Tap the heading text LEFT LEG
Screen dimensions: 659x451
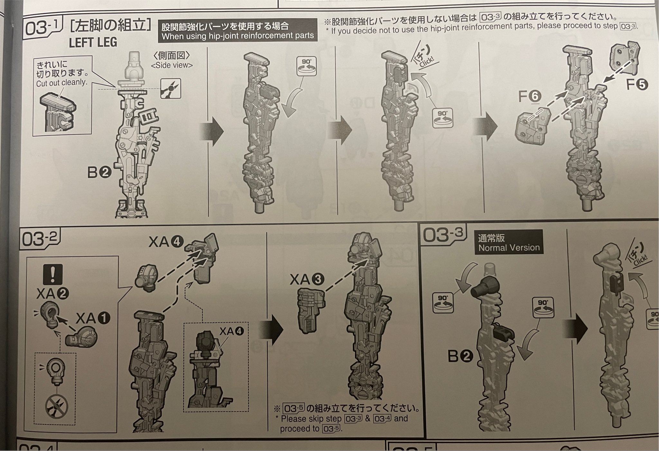pyautogui.click(x=93, y=42)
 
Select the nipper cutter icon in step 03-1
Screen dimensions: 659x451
pyautogui.click(x=171, y=88)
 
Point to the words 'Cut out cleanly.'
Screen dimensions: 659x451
pyautogui.click(x=62, y=83)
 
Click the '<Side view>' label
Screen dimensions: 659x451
pyautogui.click(x=172, y=65)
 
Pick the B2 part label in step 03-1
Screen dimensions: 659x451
pyautogui.click(x=99, y=173)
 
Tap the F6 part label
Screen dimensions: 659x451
pyautogui.click(x=529, y=97)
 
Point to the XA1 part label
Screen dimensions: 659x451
pyautogui.click(x=93, y=318)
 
